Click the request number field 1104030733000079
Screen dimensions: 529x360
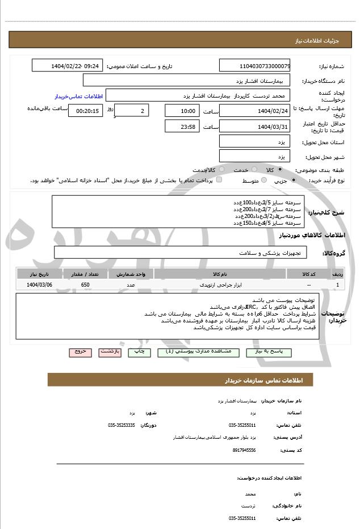point(254,66)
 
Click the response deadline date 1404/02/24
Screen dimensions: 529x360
point(254,111)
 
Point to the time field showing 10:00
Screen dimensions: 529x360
point(182,111)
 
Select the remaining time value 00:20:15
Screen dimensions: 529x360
point(85,111)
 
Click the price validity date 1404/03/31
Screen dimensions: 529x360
point(254,126)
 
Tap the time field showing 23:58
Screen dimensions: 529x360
point(182,126)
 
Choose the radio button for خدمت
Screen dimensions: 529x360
point(253,170)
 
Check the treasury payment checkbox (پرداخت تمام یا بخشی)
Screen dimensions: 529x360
point(219,180)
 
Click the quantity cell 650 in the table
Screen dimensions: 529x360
point(85,284)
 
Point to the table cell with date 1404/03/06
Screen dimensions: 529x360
point(39,284)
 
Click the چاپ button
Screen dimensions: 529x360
point(139,352)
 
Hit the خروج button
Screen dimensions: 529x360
point(80,352)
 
